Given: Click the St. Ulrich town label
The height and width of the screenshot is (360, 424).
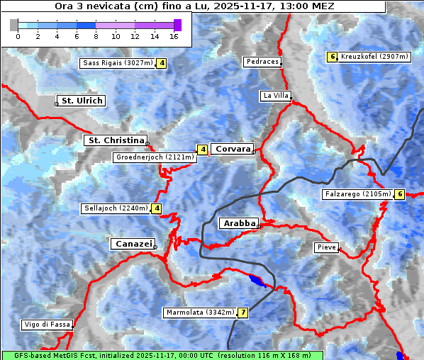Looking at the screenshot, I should coord(82,101).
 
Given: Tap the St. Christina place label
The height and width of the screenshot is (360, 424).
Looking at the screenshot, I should coord(115,140).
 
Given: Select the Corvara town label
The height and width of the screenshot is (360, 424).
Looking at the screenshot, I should coord(232,149).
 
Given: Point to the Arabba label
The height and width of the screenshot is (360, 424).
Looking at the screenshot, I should coord(239,223).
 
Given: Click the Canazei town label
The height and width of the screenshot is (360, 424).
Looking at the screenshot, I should coord(133,244).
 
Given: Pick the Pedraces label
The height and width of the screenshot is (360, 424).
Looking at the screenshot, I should coord(262,62).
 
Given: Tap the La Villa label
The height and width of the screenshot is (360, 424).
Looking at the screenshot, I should coord(275,95).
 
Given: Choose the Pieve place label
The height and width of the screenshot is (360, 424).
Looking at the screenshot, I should coord(326,247).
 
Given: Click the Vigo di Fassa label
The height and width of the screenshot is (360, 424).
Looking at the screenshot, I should coord(47,325).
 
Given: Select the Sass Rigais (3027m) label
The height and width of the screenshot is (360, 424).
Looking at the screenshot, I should coord(117,63).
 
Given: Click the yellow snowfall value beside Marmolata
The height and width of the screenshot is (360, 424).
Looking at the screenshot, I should coord(243,313).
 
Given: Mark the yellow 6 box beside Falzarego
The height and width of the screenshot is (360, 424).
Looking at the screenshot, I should coord(400,194).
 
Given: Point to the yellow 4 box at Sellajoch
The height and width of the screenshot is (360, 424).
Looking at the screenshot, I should coord(157,208).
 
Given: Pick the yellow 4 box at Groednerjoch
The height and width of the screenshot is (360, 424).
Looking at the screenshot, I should coord(203,150).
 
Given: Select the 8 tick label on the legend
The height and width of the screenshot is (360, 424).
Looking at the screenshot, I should coord(96,36).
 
